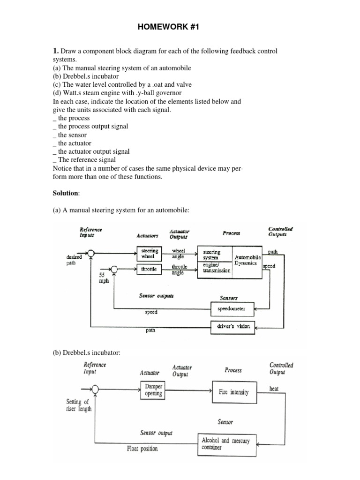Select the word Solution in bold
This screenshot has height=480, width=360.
[x=66, y=194]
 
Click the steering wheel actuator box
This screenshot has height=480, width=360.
[x=149, y=254]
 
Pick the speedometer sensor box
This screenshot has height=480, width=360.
[x=232, y=309]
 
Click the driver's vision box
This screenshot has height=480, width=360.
[x=232, y=326]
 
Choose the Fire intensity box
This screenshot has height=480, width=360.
[x=234, y=392]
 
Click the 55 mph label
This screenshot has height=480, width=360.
[x=104, y=279]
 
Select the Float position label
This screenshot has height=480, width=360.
[x=142, y=449]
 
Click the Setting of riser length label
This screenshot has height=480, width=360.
[x=79, y=405]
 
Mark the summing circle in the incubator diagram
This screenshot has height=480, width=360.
[x=96, y=389]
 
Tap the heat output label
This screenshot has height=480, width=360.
[x=274, y=389]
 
